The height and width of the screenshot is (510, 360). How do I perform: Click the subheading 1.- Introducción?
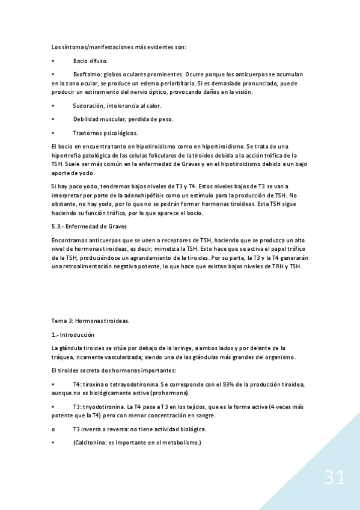coord(73,334)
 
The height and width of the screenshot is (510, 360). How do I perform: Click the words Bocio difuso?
coord(91,61)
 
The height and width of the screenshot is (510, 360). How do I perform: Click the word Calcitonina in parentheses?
coord(91,443)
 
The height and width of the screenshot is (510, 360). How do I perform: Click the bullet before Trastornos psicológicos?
coord(53,132)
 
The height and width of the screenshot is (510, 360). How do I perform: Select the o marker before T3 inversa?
coord(53,429)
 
